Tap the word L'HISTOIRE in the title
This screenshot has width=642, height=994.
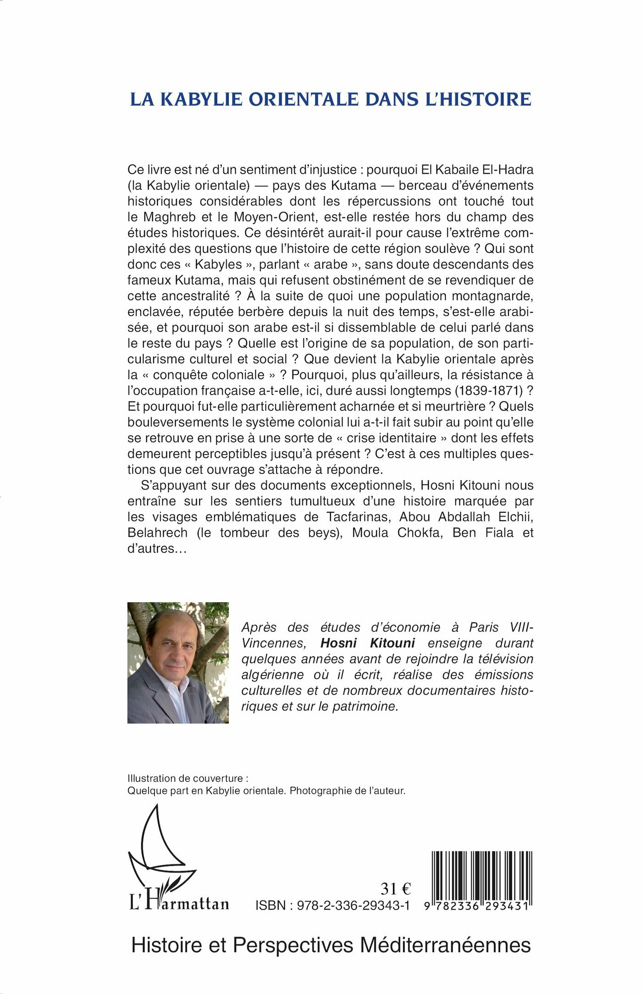point(478,99)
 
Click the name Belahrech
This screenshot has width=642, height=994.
point(157,533)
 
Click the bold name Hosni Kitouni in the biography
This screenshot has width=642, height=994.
point(367,643)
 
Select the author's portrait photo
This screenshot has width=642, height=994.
point(178,663)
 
